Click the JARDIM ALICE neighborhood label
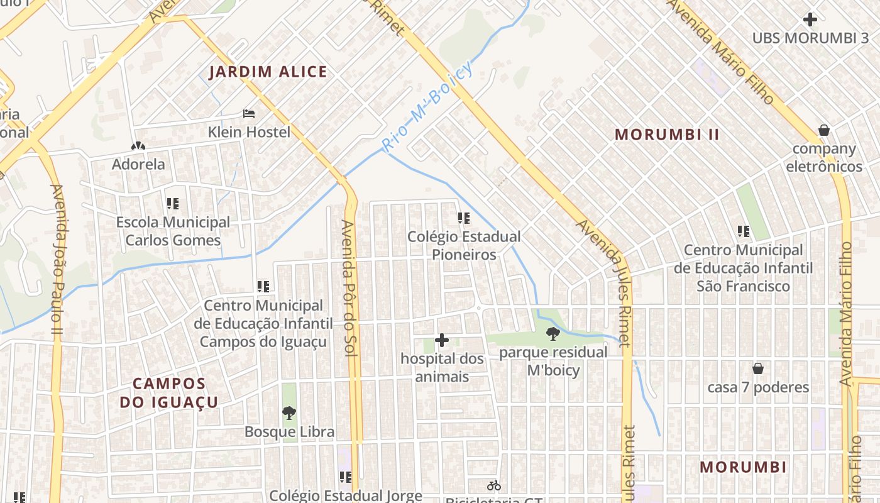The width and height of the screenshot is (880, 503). click(x=268, y=72)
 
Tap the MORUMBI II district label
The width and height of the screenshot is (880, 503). click(x=667, y=135)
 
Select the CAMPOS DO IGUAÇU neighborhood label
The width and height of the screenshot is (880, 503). click(x=169, y=393)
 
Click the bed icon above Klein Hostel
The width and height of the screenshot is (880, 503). click(x=249, y=114)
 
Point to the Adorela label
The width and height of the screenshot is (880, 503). click(x=138, y=164)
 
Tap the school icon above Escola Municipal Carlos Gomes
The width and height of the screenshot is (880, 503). click(x=173, y=204)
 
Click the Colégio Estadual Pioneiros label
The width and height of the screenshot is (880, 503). click(x=464, y=245)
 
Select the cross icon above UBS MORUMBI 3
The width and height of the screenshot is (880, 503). click(x=810, y=19)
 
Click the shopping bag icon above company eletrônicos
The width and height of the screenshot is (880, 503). click(x=823, y=130)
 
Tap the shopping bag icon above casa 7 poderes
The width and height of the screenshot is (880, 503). click(x=758, y=368)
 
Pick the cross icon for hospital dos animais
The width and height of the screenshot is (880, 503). click(x=442, y=340)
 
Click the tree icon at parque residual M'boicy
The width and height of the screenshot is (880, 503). click(x=553, y=334)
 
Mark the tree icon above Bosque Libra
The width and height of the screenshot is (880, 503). click(x=289, y=413)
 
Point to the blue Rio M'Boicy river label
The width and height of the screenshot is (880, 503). click(x=427, y=108)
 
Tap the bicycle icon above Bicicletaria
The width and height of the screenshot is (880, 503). click(x=493, y=485)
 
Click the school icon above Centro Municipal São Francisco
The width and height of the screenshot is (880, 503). click(x=744, y=231)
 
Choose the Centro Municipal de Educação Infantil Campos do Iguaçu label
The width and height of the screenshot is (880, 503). click(x=263, y=323)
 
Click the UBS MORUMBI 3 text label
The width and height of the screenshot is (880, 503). click(x=810, y=38)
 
